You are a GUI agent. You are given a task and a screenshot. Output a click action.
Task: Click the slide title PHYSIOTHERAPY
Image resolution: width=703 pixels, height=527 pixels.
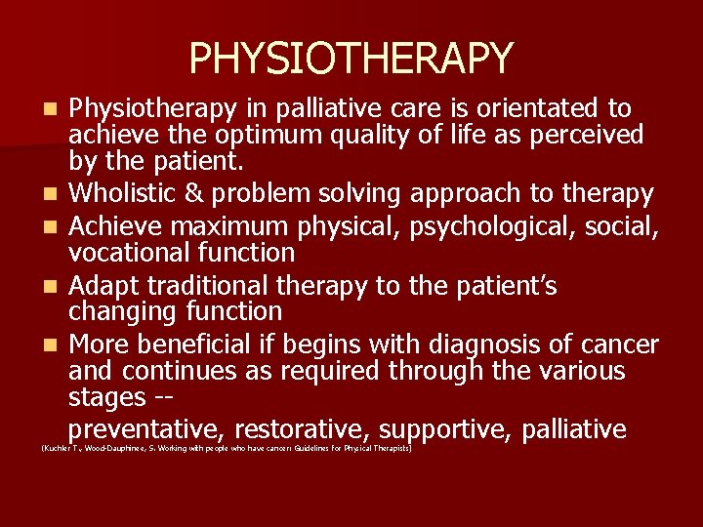[x=351, y=59]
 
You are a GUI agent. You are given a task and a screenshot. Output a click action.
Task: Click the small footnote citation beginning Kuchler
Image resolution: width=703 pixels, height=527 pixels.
[x=226, y=449]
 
